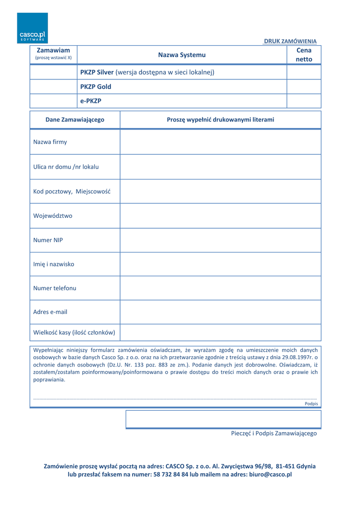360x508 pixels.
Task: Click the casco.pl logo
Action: (32, 28)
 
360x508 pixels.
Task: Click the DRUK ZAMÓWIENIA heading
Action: (290, 41)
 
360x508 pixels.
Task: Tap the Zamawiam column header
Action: (54, 54)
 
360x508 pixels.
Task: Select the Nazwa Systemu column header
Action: (182, 55)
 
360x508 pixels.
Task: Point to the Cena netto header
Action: (304, 55)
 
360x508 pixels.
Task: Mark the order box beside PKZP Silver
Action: (54, 72)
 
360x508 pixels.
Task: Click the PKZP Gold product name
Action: (96, 87)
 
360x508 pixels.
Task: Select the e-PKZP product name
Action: (91, 101)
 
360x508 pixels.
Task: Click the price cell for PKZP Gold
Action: (304, 87)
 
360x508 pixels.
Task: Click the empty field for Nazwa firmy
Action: (220, 142)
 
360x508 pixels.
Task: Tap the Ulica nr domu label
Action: (66, 167)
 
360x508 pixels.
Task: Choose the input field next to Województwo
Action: (220, 216)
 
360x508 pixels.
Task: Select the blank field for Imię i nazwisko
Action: (220, 264)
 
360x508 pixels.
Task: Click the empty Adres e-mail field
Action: (220, 312)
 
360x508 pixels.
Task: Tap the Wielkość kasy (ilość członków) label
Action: (74, 332)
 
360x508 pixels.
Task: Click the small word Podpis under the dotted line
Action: (311, 404)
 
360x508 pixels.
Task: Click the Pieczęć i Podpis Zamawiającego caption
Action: (274, 434)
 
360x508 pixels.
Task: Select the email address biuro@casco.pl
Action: (270, 475)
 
